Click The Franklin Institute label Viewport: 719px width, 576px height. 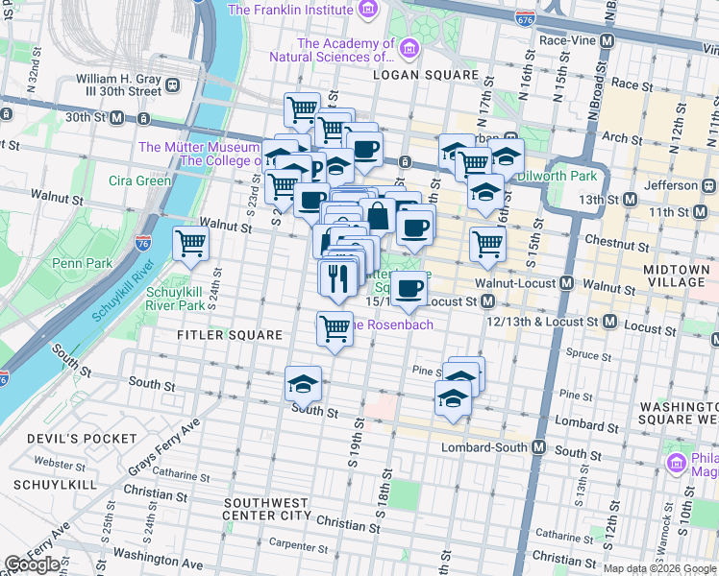(x=289, y=11)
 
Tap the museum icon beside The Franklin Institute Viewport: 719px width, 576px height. (x=367, y=11)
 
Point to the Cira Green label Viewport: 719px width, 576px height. (x=139, y=180)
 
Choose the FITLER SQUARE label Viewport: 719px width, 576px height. (x=230, y=335)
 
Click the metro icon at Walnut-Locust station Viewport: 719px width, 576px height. (x=568, y=284)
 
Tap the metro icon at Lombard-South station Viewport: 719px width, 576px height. (x=539, y=448)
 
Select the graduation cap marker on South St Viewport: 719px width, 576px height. (x=302, y=385)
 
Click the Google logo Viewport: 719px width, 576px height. (x=33, y=564)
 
